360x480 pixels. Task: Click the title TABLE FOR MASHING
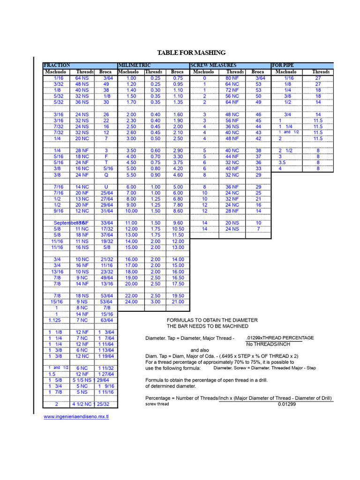tap(191, 52)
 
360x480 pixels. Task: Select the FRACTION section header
tap(57, 65)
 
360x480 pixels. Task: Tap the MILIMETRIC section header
tap(134, 65)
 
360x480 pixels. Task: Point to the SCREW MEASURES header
tap(213, 65)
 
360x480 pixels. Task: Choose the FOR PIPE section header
tap(283, 65)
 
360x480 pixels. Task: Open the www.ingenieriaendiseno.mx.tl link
tap(76, 416)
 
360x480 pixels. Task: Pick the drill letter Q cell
tap(106, 174)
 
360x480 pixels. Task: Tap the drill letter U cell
tap(106, 187)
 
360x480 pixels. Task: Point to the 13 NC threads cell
tap(82, 199)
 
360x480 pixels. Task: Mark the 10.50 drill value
tap(178, 229)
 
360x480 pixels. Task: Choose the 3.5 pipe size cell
tap(282, 162)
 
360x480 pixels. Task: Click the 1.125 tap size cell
tap(55, 320)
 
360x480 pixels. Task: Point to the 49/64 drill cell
tap(106, 277)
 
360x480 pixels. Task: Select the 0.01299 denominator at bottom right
tap(287, 404)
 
